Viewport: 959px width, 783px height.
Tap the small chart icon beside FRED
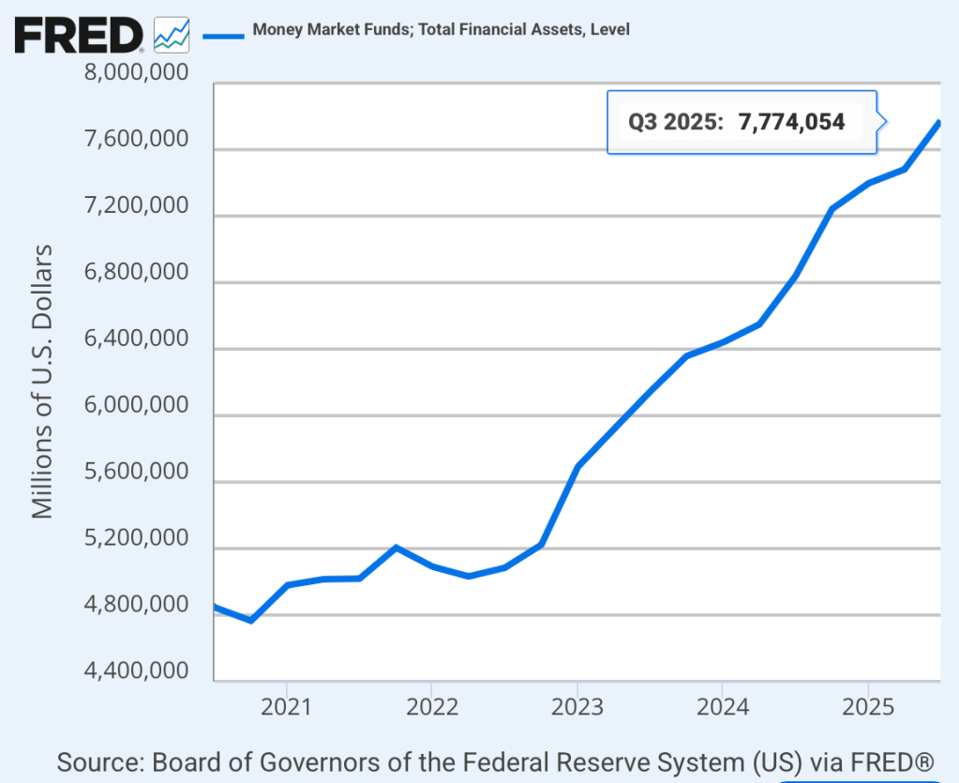[x=172, y=35]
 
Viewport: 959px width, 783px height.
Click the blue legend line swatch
[x=222, y=36]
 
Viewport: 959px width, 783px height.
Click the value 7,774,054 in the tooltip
[x=792, y=122]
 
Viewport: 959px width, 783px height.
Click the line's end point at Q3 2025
[x=938, y=124]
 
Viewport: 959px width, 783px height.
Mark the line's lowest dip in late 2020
[x=250, y=620]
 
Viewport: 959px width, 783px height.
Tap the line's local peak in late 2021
[x=397, y=548]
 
